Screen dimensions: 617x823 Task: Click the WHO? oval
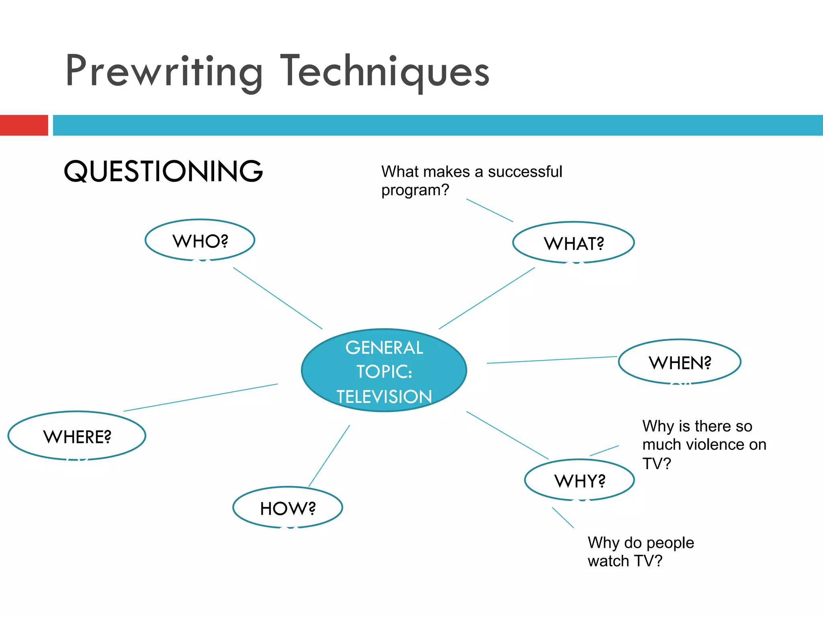(x=200, y=240)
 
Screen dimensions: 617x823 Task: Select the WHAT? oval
(x=573, y=243)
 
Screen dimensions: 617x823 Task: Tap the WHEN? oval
(x=680, y=362)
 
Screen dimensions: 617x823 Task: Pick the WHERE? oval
(x=77, y=436)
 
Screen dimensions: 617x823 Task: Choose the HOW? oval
(x=288, y=508)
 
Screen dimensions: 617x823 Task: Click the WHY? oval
(x=579, y=480)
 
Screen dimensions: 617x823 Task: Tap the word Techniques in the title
(x=385, y=72)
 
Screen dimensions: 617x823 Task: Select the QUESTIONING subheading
(x=163, y=171)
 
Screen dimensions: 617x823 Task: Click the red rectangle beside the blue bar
(x=24, y=125)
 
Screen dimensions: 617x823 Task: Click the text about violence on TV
(x=704, y=445)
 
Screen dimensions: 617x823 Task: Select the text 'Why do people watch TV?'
(x=641, y=552)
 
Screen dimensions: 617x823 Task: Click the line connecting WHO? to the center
(x=278, y=298)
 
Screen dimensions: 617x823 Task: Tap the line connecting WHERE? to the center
(x=201, y=398)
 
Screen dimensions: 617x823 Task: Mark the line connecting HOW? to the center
(x=329, y=456)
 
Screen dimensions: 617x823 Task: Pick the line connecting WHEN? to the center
(x=552, y=360)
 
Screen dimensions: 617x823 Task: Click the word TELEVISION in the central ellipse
(x=384, y=397)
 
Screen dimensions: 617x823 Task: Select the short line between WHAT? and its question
(x=489, y=210)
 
